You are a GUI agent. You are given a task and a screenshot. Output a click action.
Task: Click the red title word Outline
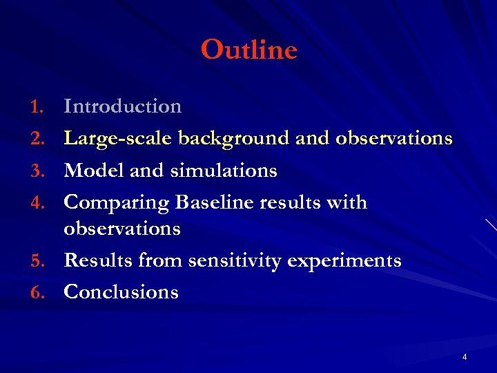tap(248, 50)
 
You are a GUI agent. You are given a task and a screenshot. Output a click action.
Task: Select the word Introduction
tap(122, 106)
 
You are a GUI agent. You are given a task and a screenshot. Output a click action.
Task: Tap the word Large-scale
tap(118, 139)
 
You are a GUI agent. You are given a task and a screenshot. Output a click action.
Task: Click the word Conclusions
tap(121, 292)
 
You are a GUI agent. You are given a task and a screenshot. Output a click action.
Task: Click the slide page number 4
tap(465, 357)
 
